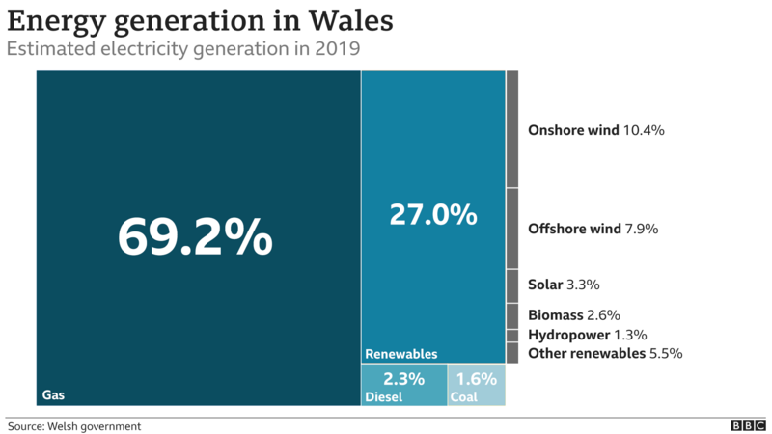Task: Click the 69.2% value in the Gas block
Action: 195,236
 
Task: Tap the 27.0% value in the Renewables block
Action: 433,214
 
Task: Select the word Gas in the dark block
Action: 52,395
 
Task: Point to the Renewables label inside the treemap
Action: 401,354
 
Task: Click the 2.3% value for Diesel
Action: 403,378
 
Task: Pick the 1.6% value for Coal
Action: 476,378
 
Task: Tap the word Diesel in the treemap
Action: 383,396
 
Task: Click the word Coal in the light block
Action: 464,396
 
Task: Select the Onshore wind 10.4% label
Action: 596,129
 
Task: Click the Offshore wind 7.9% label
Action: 593,229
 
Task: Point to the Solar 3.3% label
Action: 565,285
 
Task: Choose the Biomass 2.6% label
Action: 573,314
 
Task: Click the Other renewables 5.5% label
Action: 605,354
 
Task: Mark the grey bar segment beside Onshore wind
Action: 512,128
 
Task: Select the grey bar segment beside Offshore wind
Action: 512,229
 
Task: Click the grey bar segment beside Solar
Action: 512,285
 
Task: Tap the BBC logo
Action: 748,425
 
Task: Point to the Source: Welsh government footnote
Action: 74,425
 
